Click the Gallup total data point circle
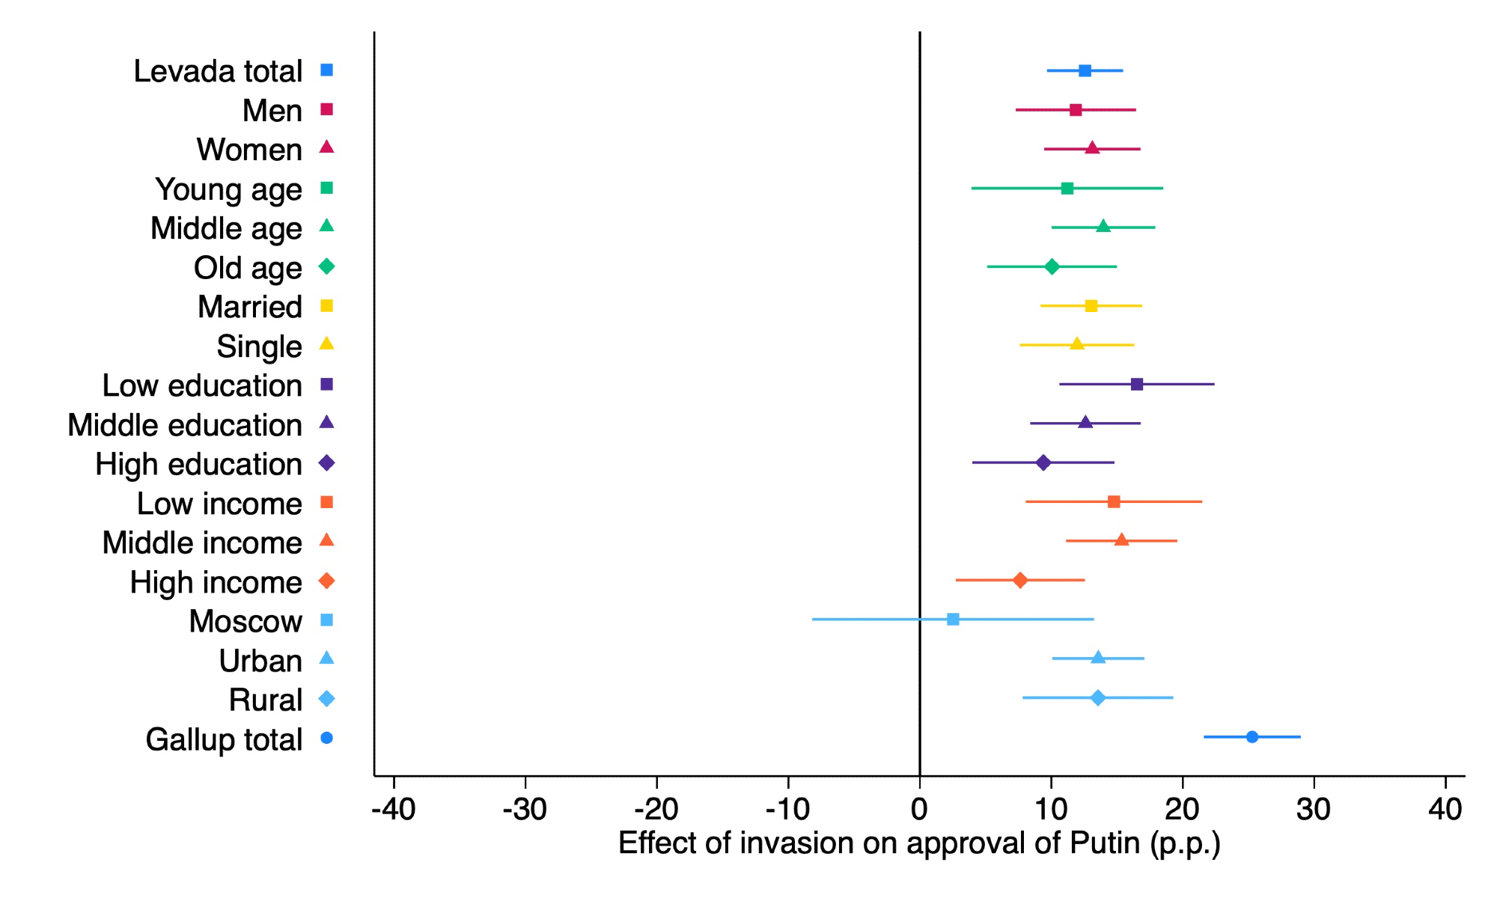[1251, 737]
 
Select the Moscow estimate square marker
[953, 619]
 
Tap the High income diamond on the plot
[1019, 580]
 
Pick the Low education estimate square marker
[1137, 384]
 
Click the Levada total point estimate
[1085, 70]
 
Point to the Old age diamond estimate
[1052, 266]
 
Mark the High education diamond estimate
[1043, 462]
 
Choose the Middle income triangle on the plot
[1121, 540]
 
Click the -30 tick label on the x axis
[525, 809]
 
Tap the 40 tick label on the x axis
[1445, 809]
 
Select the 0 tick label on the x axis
[919, 809]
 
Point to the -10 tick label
[787, 809]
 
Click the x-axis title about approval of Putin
[919, 843]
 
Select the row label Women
[249, 150]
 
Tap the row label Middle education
[185, 425]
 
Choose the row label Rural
[266, 700]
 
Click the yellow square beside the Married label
[326, 305]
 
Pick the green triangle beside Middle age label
[326, 226]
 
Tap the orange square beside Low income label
[326, 502]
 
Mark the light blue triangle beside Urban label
[326, 659]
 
